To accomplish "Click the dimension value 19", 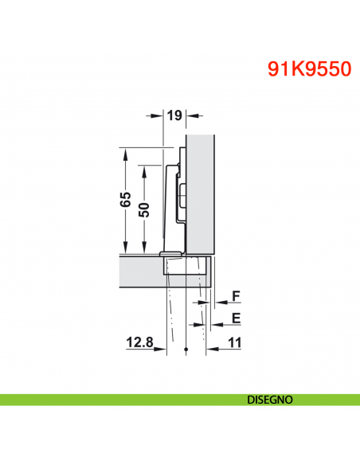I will (x=175, y=116).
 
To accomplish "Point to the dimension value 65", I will (x=126, y=200).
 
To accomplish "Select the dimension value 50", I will (x=144, y=209).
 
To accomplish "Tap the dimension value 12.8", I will (x=139, y=343).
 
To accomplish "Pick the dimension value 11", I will (x=235, y=343).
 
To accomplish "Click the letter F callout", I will (x=235, y=296).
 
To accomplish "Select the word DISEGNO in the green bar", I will (x=270, y=398).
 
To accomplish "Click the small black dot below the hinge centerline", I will (x=185, y=350).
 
